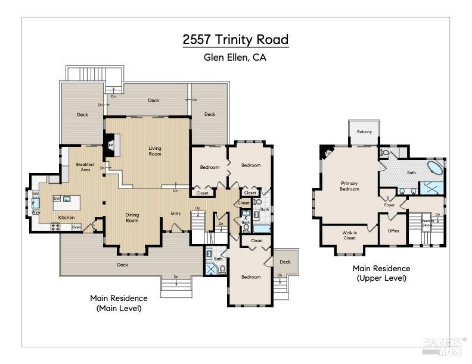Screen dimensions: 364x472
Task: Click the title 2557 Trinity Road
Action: pos(235,40)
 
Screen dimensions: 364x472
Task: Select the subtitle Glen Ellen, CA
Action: pos(235,58)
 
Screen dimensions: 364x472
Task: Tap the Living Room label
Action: pos(155,151)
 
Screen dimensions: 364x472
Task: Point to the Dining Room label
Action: pos(132,218)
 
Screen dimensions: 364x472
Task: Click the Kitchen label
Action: pos(66,217)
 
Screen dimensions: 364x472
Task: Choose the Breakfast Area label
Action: pos(82,167)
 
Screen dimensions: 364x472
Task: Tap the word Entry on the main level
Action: pos(176,214)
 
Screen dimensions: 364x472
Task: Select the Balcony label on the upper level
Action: pos(365,132)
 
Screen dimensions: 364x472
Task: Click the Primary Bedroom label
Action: pos(350,186)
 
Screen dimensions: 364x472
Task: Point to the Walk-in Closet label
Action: pos(349,235)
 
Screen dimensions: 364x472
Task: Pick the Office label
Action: pos(393,231)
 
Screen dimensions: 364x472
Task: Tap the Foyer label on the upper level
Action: pos(389,205)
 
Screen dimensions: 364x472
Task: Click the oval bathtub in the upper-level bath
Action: pos(434,168)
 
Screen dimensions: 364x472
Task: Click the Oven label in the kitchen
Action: pos(76,227)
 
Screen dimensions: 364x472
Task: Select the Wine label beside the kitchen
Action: pos(35,212)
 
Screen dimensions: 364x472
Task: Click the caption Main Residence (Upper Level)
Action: pos(381,273)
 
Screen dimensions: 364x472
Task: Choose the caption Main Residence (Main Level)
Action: pos(119,303)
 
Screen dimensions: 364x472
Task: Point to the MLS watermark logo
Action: pos(443,346)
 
